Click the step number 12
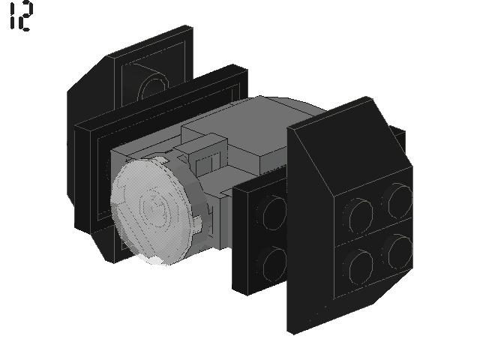tap(21, 16)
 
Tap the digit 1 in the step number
tap(12, 16)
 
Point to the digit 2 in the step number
tap(25, 16)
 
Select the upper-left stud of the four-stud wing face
tap(360, 216)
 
